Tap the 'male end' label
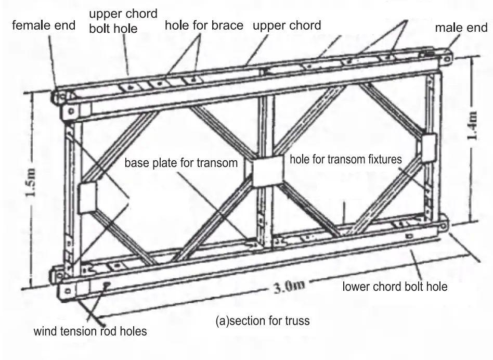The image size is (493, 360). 461,28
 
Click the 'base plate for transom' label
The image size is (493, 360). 180,163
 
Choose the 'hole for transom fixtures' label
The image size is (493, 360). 345,159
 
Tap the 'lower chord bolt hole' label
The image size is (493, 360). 394,286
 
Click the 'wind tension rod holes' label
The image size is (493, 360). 90,331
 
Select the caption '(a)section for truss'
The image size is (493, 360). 262,320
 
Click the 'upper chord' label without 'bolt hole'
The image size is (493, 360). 287,25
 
